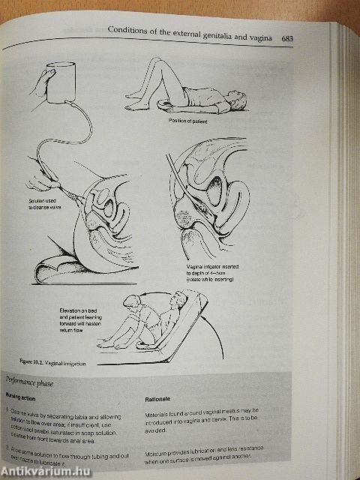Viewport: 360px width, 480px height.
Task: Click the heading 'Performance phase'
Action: (x=35, y=381)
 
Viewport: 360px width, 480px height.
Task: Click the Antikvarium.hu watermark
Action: (x=45, y=469)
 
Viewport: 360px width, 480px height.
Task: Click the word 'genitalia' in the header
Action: (x=214, y=31)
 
